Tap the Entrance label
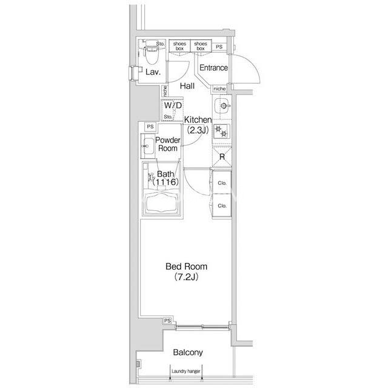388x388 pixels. [213, 67]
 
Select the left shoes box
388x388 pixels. [179, 46]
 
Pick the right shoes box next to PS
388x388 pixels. [201, 46]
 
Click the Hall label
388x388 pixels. [187, 86]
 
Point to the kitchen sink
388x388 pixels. [222, 106]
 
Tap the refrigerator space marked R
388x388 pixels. [222, 157]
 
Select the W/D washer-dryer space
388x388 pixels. [172, 110]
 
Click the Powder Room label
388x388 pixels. [168, 144]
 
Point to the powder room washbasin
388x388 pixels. [147, 145]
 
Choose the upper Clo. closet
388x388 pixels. [222, 182]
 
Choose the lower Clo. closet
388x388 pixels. [222, 206]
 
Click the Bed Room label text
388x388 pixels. [186, 267]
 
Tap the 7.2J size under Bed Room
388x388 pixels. [186, 277]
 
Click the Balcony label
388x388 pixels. [188, 352]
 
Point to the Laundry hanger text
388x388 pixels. [186, 371]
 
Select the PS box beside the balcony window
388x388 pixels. [167, 321]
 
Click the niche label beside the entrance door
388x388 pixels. [219, 89]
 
